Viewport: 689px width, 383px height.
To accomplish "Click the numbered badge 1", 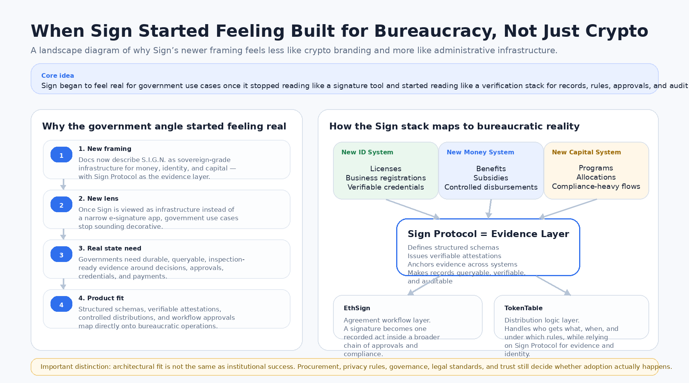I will coord(61,155).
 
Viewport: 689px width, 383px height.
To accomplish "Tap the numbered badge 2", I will coord(61,205).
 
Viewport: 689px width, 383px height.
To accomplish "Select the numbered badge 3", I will coord(61,255).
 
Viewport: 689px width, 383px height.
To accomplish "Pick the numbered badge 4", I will coord(61,304).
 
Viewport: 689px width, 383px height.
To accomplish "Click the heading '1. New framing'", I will coord(105,149).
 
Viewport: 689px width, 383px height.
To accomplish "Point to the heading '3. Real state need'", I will coord(110,248).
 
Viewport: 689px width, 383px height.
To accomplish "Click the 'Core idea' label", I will coord(57,75).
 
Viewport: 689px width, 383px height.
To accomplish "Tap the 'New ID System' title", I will coord(367,152).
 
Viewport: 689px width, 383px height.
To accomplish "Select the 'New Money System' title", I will coord(480,152).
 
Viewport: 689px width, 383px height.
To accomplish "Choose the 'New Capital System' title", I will coord(586,152).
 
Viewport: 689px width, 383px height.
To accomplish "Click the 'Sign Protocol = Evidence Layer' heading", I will coord(488,234).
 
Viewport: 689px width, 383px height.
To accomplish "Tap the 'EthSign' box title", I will coord(357,308).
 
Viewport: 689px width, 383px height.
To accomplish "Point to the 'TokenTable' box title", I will coord(523,308).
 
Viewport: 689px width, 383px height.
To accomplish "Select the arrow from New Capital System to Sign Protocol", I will coord(568,209).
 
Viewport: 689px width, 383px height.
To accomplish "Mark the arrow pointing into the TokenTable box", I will coord(553,285).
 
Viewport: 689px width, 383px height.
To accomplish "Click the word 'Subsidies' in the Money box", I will coord(491,178).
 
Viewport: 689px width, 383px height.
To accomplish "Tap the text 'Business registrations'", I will coord(385,178).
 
